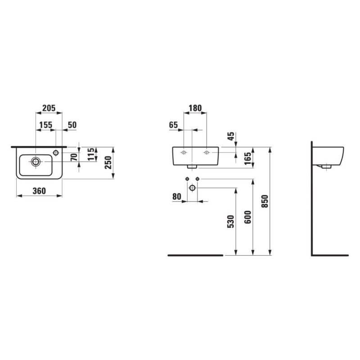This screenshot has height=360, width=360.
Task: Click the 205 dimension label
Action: [49, 108]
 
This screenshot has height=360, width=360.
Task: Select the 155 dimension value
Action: [46, 125]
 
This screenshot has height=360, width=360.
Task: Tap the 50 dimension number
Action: [72, 125]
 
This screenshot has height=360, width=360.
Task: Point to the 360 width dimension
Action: [39, 191]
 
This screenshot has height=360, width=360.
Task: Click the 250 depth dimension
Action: [108, 162]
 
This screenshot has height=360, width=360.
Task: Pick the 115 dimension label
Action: [91, 154]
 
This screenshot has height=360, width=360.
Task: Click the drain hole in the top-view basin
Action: [36, 162]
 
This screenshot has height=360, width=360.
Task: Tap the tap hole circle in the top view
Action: [56, 153]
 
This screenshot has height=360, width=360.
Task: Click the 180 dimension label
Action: [195, 108]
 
